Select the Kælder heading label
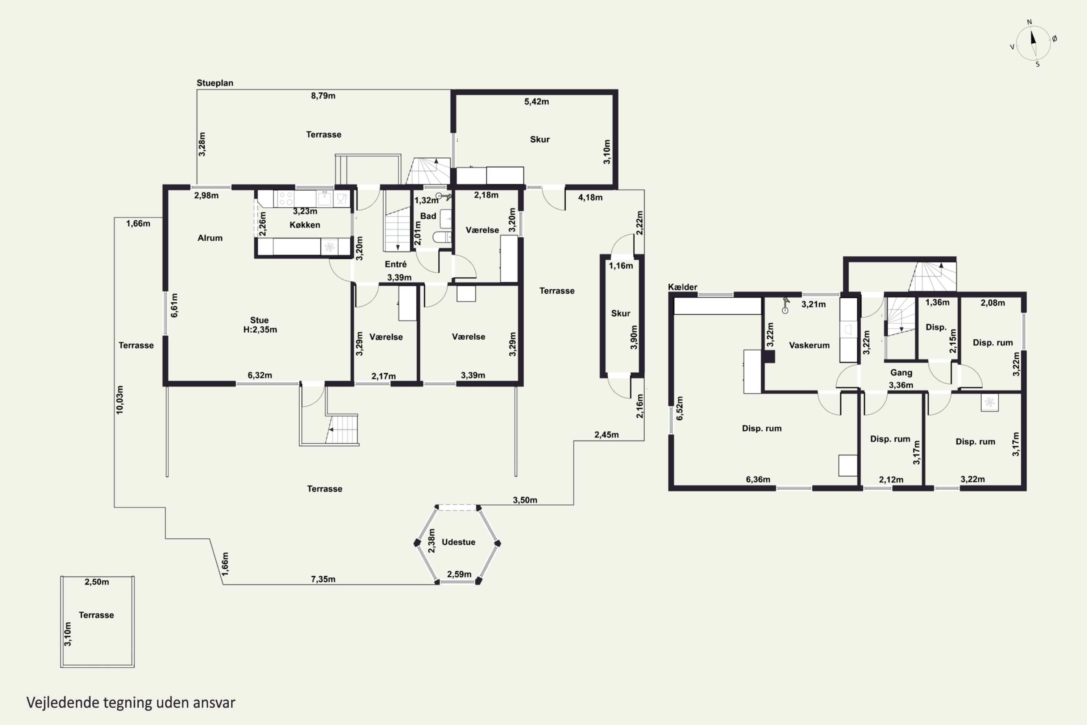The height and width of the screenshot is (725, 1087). pyautogui.click(x=683, y=287)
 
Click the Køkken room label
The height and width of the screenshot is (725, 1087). pyautogui.click(x=305, y=225)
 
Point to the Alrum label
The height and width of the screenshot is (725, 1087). pyautogui.click(x=210, y=238)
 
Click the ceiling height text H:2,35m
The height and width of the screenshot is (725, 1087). pyautogui.click(x=260, y=330)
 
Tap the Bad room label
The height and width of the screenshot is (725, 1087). pyautogui.click(x=428, y=216)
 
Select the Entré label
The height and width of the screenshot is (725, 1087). pyautogui.click(x=396, y=264)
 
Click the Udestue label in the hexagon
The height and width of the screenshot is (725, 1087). pyautogui.click(x=458, y=542)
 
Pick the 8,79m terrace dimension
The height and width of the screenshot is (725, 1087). pyautogui.click(x=323, y=96)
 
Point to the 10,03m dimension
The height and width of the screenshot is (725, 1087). pyautogui.click(x=120, y=399)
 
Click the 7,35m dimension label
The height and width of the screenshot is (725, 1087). pyautogui.click(x=323, y=579)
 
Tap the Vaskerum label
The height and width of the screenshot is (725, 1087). pyautogui.click(x=809, y=345)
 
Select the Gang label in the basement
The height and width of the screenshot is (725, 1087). pyautogui.click(x=901, y=373)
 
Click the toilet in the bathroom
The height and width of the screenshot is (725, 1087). pyautogui.click(x=442, y=237)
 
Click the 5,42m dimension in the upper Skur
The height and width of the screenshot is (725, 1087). pyautogui.click(x=537, y=102)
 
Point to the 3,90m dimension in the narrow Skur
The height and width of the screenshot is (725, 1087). pyautogui.click(x=634, y=337)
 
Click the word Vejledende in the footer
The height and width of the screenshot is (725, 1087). pyautogui.click(x=63, y=703)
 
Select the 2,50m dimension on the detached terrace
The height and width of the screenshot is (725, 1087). pyautogui.click(x=97, y=582)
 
